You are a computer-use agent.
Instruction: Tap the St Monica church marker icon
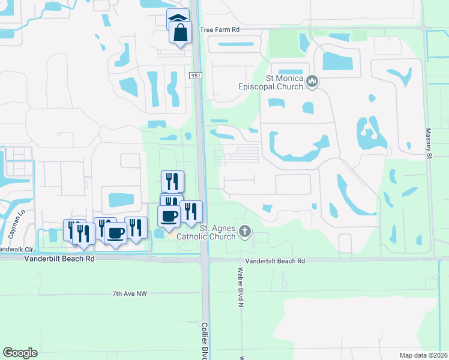pos(312,80)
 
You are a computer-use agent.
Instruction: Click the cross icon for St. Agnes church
pos(244,231)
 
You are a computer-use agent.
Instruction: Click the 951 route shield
pos(195,76)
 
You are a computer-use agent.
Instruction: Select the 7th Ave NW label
pos(129,293)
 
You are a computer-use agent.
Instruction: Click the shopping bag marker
pos(181,32)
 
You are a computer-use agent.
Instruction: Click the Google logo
pos(20,352)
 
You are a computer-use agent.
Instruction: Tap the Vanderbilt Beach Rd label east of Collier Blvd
pos(276,261)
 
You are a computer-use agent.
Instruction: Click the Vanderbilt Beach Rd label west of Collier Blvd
pos(59,259)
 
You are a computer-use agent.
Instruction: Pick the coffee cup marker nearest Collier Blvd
pos(169,216)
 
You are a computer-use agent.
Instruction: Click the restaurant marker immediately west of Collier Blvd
pos(191,211)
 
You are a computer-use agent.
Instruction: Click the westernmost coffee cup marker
pos(115,232)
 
